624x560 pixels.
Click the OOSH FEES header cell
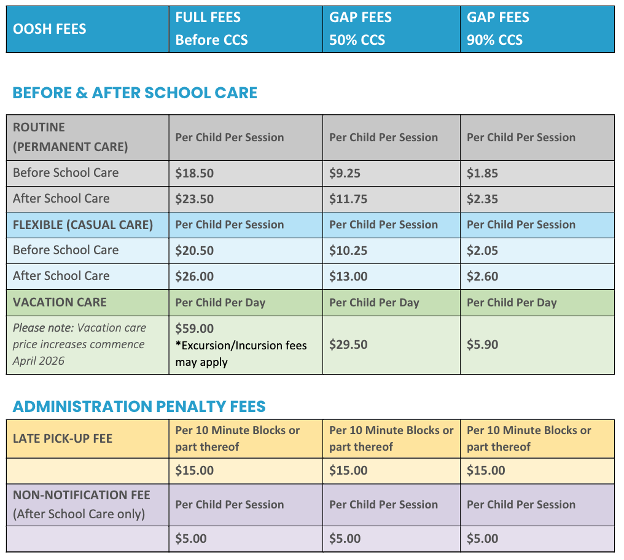pos(50,29)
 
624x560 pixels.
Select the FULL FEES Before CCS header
pos(211,29)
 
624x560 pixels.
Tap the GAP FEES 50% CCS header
pos(361,29)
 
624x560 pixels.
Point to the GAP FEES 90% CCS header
pos(498,29)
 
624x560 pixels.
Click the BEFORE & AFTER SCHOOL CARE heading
pos(135,93)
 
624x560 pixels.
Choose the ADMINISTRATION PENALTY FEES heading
pos(139,406)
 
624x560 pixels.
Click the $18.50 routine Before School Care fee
pos(195,173)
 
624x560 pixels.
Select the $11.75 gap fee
pos(348,199)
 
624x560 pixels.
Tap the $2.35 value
pos(482,199)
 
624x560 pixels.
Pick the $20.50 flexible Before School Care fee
pos(195,251)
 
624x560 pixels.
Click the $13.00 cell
pos(348,276)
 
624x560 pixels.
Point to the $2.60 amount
pos(482,276)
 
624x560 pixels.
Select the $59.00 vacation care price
pos(195,329)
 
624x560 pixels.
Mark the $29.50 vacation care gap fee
pos(348,344)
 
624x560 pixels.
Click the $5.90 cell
pos(482,344)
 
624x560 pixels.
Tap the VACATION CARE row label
pos(60,302)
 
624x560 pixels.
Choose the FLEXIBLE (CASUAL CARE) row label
pos(83,225)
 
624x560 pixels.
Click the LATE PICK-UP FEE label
pos(63,438)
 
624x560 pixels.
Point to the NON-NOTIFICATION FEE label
pos(82,495)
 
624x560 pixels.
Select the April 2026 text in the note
pos(38,361)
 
